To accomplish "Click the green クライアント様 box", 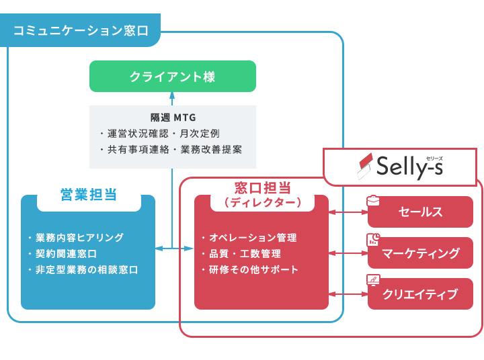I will coord(173,76).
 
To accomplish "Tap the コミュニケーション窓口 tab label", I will coord(81,31).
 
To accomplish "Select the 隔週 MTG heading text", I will coord(173,118).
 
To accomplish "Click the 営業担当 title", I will coord(89,195).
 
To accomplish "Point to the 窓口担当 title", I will coord(261,187).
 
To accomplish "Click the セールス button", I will coord(420,212).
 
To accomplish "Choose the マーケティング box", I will coord(420,253).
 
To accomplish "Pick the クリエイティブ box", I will coord(420,294).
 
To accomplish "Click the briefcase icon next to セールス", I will coord(373,200).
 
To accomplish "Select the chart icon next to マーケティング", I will coord(373,240).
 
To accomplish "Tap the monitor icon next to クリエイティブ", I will coord(373,280).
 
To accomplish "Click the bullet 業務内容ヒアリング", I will coord(79,238).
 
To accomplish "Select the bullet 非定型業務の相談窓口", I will coord(86,270).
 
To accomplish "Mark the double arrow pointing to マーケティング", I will coord(348,253).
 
